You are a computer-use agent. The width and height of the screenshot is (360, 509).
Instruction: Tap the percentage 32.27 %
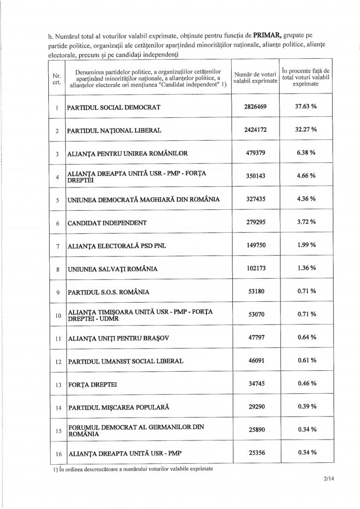coord(306,130)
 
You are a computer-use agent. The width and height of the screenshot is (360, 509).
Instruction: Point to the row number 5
coord(57,200)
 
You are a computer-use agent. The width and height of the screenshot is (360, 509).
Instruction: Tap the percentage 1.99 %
coord(306,246)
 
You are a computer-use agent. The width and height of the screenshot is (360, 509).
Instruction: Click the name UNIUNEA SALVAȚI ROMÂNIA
coord(113,269)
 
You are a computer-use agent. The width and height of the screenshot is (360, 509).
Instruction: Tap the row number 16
coord(57,453)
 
